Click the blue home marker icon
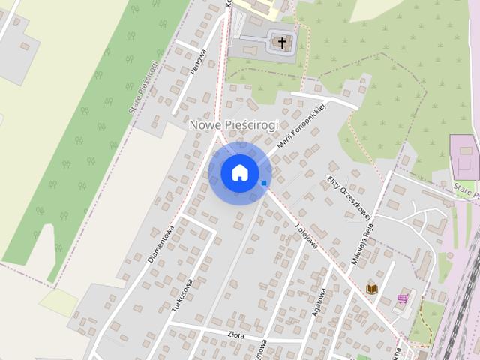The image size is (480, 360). tap(239, 172)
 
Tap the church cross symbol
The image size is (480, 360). tap(283, 43)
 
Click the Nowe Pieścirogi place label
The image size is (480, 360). tap(233, 124)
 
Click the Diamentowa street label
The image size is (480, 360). tap(161, 244)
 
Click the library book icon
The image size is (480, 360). tap(371, 289)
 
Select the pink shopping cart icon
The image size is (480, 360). tap(403, 298)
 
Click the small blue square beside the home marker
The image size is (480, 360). tap(264, 182)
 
